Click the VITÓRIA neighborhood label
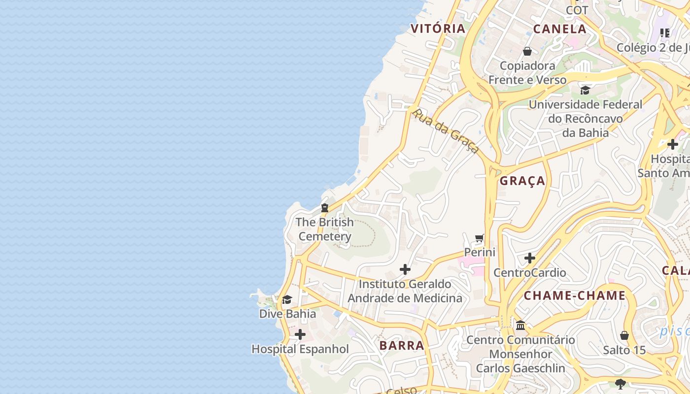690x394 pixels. click(438, 29)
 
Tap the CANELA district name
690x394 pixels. click(560, 29)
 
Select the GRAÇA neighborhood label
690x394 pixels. click(522, 181)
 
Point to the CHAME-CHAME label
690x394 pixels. click(574, 296)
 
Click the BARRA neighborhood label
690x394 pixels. click(402, 345)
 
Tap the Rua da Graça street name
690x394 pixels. click(446, 131)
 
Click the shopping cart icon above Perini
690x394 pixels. click(480, 239)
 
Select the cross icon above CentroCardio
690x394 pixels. click(530, 258)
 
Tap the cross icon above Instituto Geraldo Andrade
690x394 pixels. click(405, 269)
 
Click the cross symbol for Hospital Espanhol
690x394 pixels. click(300, 335)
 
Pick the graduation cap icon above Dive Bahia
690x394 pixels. click(287, 299)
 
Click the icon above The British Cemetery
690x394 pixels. click(324, 208)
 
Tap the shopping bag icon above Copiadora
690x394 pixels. click(527, 51)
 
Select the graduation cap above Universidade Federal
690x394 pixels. click(585, 90)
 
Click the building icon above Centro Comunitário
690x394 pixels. click(520, 326)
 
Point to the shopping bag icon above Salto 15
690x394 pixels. click(624, 336)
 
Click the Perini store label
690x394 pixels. click(480, 252)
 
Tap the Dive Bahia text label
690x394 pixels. click(287, 314)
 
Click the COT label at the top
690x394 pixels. click(577, 10)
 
